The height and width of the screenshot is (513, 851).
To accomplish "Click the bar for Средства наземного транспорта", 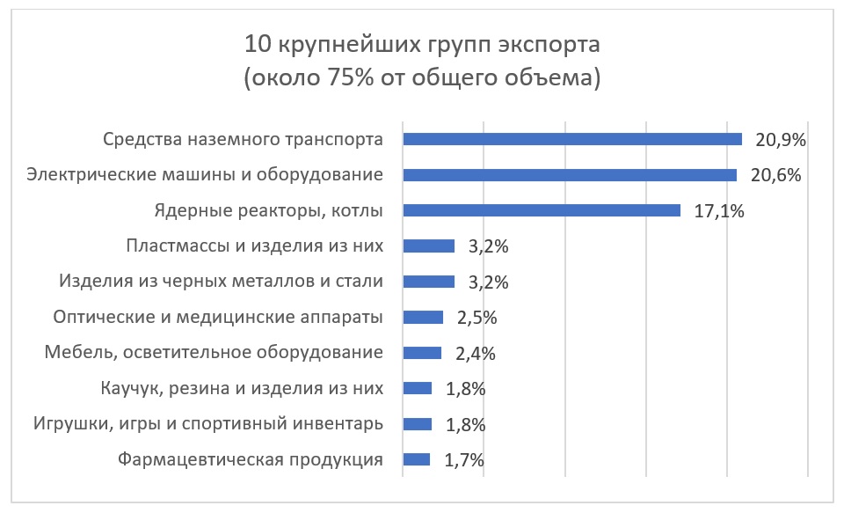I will coord(571,139).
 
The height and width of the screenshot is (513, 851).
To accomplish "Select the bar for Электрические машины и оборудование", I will coord(569,175).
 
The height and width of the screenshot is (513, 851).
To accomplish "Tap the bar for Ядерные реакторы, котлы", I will coord(541,210).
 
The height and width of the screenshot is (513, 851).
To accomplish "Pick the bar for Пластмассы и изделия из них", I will coord(428,246).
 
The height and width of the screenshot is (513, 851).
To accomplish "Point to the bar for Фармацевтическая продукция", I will coord(416,459).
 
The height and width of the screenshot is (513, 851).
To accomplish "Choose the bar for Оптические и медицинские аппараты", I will coord(423,318).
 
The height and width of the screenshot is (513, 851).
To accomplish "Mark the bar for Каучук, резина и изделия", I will coord(417,388).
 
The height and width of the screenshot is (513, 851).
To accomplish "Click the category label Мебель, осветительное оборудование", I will coord(214,353).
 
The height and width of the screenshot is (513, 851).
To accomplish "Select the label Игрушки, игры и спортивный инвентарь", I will coord(207,424).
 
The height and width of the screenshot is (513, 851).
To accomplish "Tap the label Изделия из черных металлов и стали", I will coord(221,282).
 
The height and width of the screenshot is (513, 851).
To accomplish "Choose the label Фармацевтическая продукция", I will coord(250,459).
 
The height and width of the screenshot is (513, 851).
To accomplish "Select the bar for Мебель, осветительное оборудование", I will coord(421,353).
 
